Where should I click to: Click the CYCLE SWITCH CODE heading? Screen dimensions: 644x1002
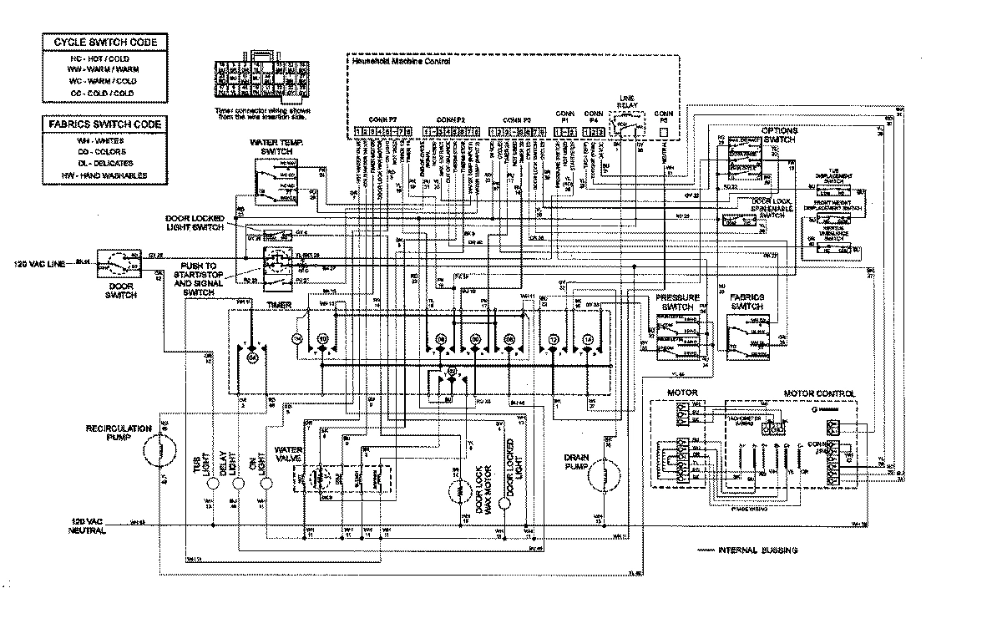[x=105, y=42]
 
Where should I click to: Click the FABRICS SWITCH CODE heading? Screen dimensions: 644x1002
[x=105, y=124]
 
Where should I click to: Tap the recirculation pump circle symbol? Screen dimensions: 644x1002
[x=154, y=453]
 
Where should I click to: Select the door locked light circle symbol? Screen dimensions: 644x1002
[x=505, y=504]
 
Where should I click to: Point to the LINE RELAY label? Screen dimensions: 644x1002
[x=628, y=102]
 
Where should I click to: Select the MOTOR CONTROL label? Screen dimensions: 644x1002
[x=818, y=393]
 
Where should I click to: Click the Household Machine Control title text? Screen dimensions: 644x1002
[x=401, y=62]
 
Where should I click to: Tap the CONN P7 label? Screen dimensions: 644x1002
[x=382, y=119]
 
